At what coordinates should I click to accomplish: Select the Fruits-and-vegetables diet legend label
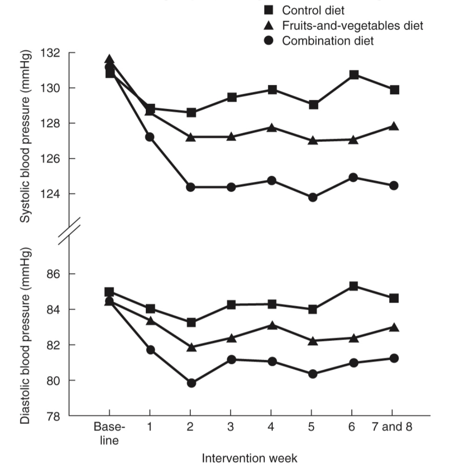(352, 26)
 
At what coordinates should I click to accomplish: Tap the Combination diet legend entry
(328, 41)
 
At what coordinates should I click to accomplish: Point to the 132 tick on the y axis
(52, 53)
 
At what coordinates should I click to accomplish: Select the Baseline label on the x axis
(109, 434)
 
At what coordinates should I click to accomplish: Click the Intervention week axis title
(249, 458)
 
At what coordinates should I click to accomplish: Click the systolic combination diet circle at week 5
(313, 197)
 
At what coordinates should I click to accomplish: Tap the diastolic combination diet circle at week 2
(191, 383)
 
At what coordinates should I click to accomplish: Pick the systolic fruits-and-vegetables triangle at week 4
(271, 128)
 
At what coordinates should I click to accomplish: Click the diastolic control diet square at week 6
(353, 286)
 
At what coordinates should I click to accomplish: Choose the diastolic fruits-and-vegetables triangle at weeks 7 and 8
(394, 327)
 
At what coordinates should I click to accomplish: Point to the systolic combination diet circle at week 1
(150, 137)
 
